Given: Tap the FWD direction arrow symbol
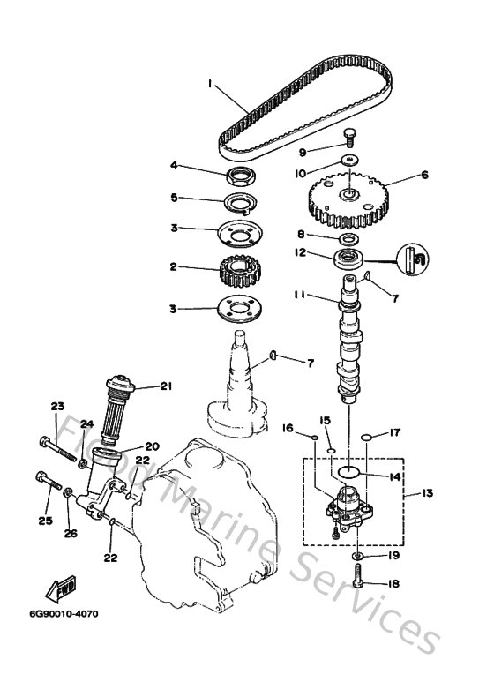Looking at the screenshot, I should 63,590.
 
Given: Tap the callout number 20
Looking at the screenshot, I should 151,446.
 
